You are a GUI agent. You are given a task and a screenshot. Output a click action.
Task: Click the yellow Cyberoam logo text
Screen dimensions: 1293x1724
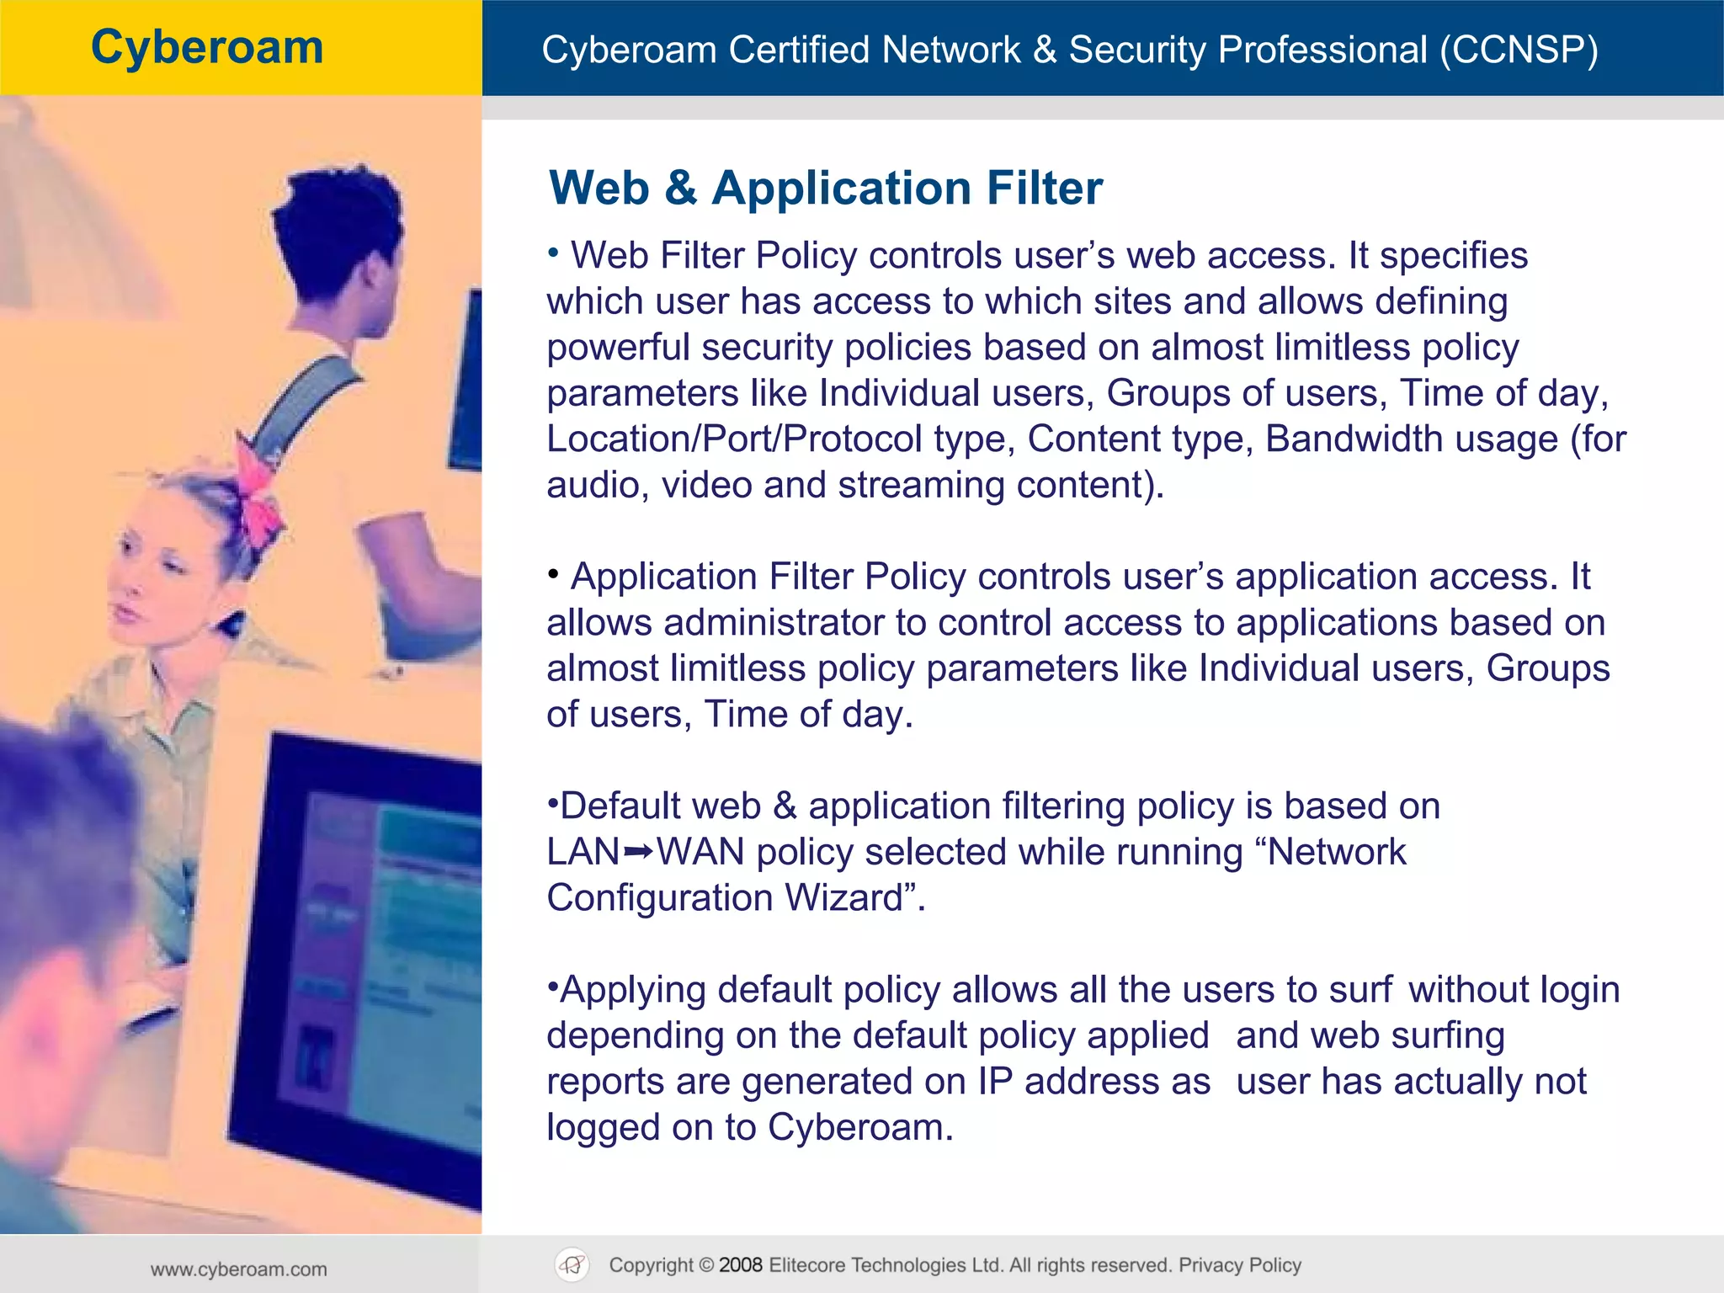207,47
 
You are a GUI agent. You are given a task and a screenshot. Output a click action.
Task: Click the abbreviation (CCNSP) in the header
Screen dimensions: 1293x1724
1518,50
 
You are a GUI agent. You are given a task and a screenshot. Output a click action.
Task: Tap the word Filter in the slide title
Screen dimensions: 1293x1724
1044,188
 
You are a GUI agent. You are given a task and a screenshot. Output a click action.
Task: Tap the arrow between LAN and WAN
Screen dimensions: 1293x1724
638,853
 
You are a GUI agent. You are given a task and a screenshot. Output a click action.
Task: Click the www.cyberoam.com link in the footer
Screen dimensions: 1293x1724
239,1269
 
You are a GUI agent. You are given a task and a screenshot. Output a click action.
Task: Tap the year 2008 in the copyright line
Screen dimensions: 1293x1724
741,1265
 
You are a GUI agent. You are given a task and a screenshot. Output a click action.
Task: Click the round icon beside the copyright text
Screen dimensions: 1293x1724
572,1264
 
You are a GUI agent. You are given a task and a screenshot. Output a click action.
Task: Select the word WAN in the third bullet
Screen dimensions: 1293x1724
700,853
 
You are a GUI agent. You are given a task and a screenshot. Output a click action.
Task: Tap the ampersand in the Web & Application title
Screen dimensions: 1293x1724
680,188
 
